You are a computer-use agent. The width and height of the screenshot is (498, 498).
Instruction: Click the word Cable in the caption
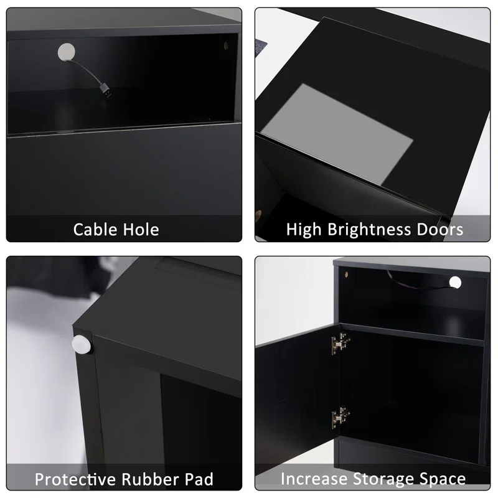pos(95,230)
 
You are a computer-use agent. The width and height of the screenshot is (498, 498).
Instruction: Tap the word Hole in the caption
pos(141,230)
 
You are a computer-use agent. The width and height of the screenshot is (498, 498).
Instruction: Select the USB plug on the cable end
pos(106,91)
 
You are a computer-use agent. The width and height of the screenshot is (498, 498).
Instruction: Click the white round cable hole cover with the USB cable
pos(67,52)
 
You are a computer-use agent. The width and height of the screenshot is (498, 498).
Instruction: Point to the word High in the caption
pos(304,230)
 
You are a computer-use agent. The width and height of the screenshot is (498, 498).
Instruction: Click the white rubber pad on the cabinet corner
pos(82,344)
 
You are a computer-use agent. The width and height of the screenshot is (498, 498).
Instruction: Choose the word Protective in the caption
pos(75,479)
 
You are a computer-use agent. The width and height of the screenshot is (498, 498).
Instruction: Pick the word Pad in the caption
pos(199,479)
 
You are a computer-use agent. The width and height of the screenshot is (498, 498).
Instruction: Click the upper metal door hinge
pos(340,343)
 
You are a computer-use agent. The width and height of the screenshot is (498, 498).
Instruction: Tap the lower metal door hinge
pos(340,417)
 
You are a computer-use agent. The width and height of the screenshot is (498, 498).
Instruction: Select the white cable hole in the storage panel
pos(455,283)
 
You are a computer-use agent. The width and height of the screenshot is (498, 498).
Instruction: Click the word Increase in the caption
pos(314,479)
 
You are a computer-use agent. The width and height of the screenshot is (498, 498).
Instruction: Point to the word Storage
pos(383,479)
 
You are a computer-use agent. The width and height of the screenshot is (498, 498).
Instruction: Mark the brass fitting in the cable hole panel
pos(226,45)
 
